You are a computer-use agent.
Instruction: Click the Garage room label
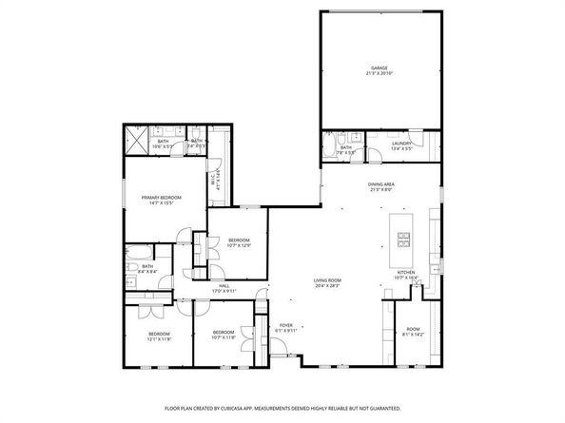(x=380, y=67)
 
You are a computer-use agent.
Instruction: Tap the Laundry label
(x=400, y=144)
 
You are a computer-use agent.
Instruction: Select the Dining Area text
(x=381, y=184)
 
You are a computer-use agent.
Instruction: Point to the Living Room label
(x=328, y=280)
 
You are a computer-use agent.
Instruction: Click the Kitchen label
(x=406, y=272)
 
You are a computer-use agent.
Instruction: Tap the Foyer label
(x=285, y=325)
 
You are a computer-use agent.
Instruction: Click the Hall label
(x=224, y=285)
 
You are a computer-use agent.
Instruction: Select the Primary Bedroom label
(x=161, y=197)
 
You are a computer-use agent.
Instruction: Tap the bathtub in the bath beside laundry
(x=329, y=145)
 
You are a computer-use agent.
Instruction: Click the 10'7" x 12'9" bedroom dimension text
(x=239, y=245)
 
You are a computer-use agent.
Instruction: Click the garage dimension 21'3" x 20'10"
(x=380, y=73)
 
